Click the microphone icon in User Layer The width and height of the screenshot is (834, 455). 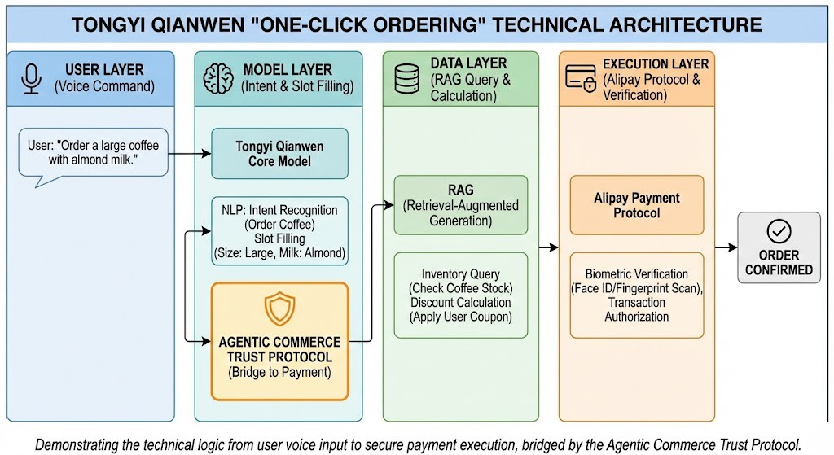pyautogui.click(x=33, y=78)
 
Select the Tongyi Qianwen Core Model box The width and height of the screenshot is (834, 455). pyautogui.click(x=279, y=154)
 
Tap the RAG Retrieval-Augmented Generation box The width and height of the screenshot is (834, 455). pyautogui.click(x=460, y=205)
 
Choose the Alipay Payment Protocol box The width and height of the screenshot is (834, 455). pyautogui.click(x=636, y=205)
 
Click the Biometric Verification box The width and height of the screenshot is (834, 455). pyautogui.click(x=636, y=295)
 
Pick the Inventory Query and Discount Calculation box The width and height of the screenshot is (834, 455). pyautogui.click(x=460, y=295)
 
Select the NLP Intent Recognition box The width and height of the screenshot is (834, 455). pyautogui.click(x=279, y=230)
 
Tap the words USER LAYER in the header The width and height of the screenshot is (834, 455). pyautogui.click(x=104, y=70)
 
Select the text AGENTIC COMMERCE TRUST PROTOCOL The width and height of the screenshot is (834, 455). pyautogui.click(x=279, y=349)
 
